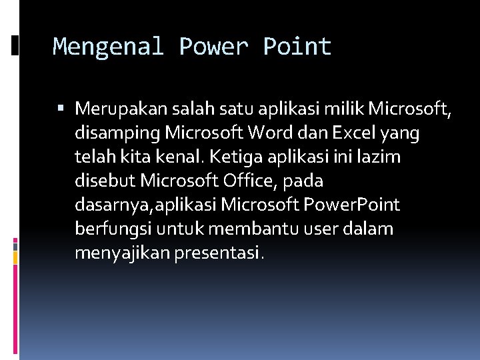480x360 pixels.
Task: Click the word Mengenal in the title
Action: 107,47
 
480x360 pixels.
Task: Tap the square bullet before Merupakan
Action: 61,108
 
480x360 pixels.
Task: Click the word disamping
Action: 117,133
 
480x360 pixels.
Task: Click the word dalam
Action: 370,229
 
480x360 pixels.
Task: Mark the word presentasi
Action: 217,253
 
